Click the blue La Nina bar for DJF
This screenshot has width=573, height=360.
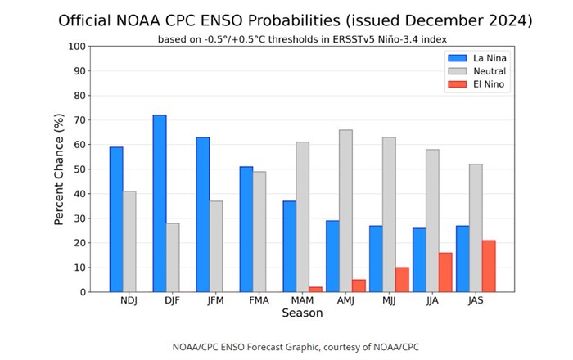click(160, 204)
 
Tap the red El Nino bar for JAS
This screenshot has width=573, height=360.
click(488, 266)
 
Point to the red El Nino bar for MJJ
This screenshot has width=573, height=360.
click(401, 279)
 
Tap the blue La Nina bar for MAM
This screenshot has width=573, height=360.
click(289, 246)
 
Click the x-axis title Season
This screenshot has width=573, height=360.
click(302, 313)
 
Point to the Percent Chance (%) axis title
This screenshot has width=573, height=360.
click(59, 169)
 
